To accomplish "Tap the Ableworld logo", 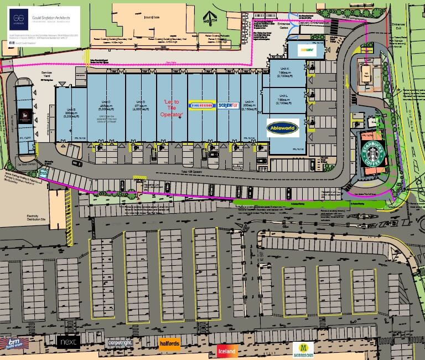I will pos(283,128).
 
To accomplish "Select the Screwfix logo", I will pos(228,105).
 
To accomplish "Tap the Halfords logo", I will pos(169,344).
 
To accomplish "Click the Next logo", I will pos(69,341).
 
